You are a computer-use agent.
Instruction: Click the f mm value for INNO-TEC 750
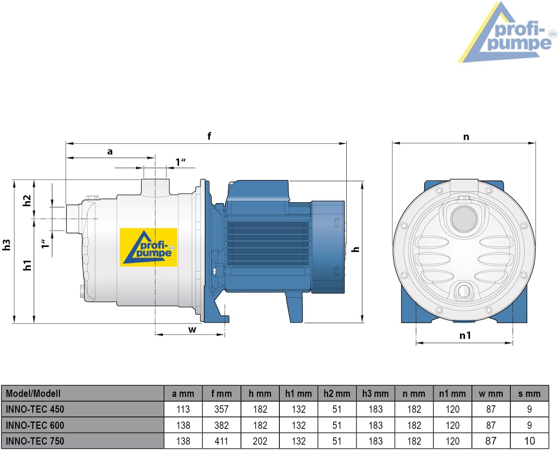221,441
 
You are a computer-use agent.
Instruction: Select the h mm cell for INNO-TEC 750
260,441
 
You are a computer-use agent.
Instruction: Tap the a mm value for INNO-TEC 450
183,409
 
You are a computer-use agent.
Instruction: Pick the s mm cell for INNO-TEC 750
529,441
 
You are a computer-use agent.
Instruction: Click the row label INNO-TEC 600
35,425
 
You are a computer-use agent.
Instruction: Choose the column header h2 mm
337,394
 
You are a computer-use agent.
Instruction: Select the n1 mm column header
452,394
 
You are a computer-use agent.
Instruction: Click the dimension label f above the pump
209,136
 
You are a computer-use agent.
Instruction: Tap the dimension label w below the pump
192,330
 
